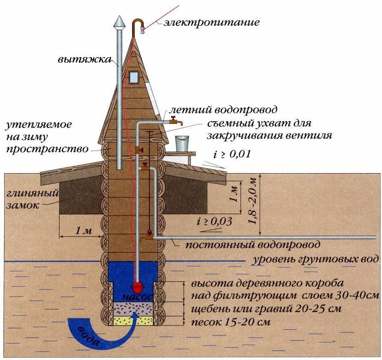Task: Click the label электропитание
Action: coord(211,22)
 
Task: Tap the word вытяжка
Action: coord(85,59)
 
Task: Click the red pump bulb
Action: coord(138,287)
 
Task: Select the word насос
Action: coord(138,297)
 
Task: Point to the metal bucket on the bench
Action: coord(182,144)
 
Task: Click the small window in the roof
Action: coord(133,77)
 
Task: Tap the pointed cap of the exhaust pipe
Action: coord(120,23)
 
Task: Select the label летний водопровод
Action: coord(223,110)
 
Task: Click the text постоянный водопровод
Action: coord(253,244)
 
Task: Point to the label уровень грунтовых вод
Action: coord(315,259)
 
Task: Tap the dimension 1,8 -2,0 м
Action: coord(254,201)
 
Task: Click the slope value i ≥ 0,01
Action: coord(232,154)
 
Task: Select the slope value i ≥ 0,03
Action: coord(214,221)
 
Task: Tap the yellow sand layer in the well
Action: coord(133,321)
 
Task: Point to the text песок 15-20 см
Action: coord(231,322)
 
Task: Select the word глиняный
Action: coord(33,194)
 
